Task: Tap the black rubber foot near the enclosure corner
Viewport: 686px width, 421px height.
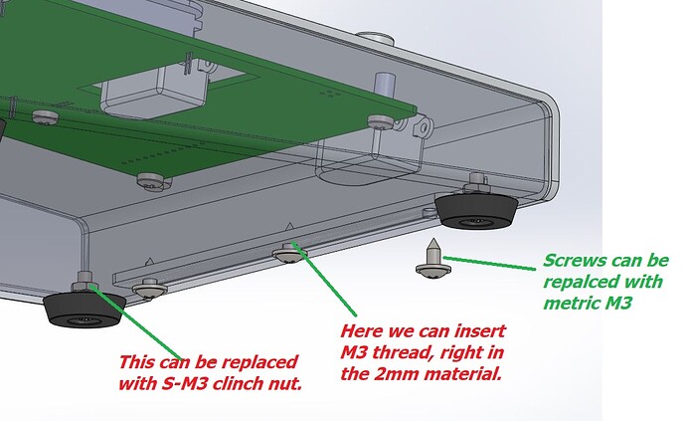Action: click(476, 211)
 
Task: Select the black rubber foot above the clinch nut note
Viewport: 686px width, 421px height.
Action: click(85, 311)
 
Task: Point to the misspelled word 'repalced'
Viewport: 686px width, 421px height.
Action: click(582, 282)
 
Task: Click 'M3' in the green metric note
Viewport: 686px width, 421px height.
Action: click(617, 303)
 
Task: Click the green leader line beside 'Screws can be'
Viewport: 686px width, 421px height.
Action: click(489, 263)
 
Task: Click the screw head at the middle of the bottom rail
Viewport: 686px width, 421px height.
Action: click(289, 254)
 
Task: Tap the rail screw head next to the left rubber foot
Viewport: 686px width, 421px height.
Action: click(150, 289)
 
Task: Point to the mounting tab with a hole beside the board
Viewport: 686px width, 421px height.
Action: click(423, 128)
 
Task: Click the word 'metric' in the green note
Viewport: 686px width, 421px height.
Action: click(572, 303)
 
